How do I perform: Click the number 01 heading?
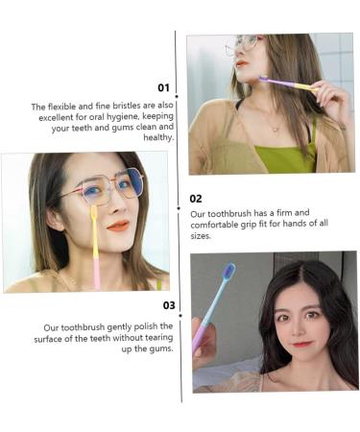coord(163,88)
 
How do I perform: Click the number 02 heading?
coord(197,199)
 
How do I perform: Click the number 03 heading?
coord(168,305)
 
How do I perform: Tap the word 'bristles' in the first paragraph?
coord(118,107)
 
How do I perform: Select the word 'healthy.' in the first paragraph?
coord(157,137)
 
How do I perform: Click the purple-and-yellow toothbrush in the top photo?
coord(289,85)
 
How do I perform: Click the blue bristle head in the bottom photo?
coord(228,273)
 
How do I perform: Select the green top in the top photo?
coord(285,155)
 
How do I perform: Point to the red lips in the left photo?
coord(118,226)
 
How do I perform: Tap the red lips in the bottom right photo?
coord(303,343)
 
